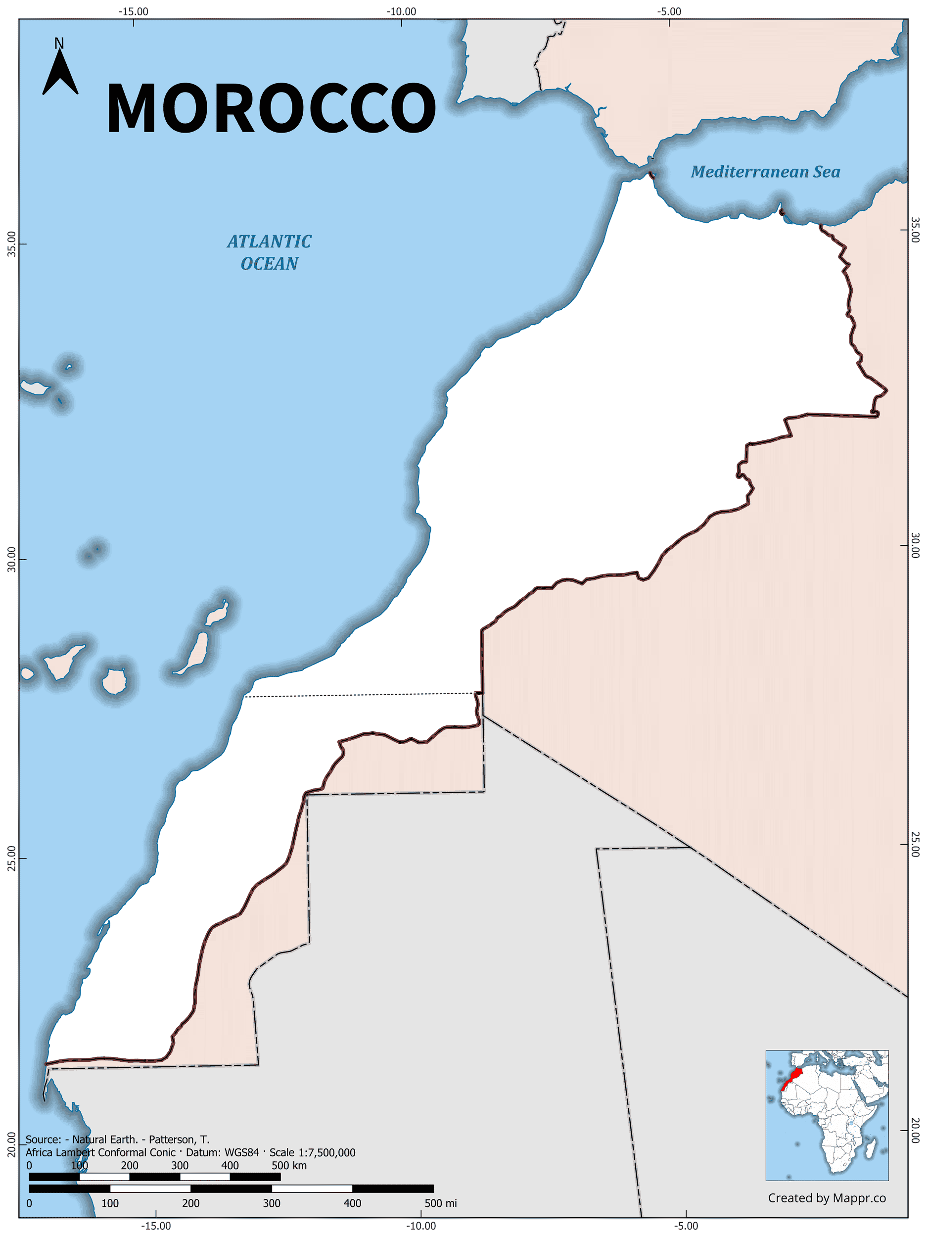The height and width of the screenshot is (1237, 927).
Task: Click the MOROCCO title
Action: coord(271,108)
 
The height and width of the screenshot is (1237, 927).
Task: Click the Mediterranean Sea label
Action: coord(765,172)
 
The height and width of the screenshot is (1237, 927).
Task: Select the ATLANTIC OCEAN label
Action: coord(269,252)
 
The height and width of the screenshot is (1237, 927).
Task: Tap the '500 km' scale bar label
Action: coord(288,1165)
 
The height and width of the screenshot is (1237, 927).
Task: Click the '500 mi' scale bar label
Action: coord(441,1203)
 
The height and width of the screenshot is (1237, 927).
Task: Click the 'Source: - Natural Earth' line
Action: coord(117,1139)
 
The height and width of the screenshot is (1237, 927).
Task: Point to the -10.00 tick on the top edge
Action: coord(402,12)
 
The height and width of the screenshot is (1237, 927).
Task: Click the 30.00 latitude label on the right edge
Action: coord(915,545)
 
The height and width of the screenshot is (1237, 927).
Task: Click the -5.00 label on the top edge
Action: coord(669,12)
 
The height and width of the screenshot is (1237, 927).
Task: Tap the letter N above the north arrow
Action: coord(59,43)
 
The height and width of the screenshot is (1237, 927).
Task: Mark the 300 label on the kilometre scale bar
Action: coord(180,1165)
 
